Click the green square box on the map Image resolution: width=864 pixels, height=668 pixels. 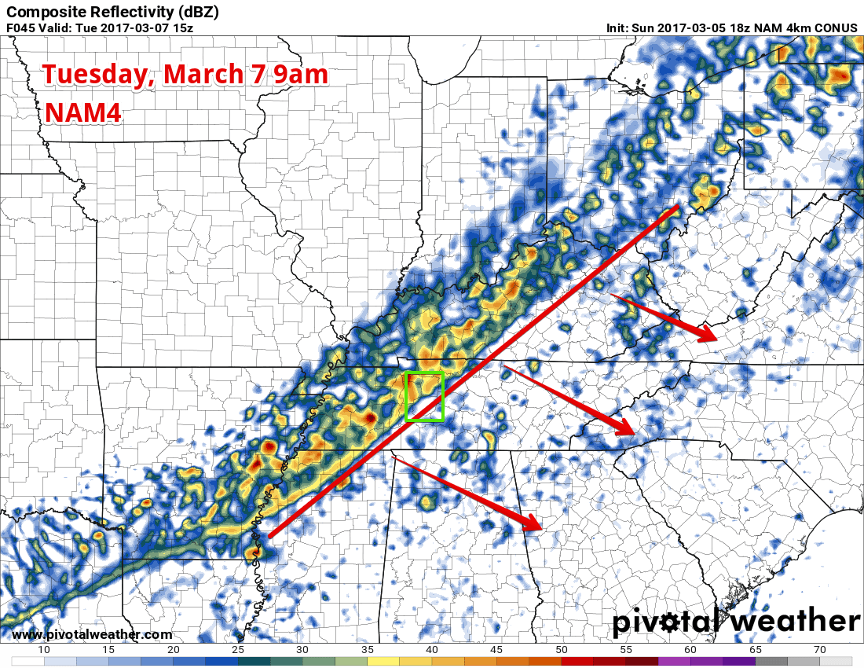click(x=424, y=396)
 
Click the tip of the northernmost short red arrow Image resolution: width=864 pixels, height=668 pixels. click(x=716, y=339)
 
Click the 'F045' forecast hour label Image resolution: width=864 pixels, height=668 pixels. click(x=23, y=28)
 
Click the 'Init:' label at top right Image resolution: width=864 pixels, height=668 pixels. click(x=617, y=28)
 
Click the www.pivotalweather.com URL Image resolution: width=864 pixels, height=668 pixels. click(x=92, y=635)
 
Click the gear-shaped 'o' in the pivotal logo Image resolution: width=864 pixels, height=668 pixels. click(x=670, y=622)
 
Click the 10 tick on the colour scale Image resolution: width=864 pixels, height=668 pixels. click(x=44, y=650)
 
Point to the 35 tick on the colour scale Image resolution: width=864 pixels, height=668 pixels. click(x=367, y=650)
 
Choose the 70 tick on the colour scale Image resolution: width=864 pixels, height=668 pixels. click(x=819, y=650)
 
